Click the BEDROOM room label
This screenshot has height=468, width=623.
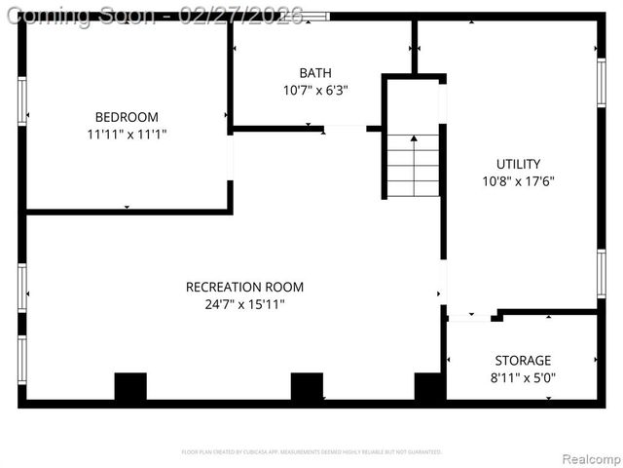(x=126, y=116)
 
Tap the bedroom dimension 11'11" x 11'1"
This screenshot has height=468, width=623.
(x=126, y=134)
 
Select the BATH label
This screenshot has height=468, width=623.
(x=314, y=72)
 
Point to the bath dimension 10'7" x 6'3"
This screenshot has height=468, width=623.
(x=314, y=90)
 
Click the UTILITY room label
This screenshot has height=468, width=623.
(x=518, y=164)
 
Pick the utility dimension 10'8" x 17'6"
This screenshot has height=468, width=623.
(x=518, y=180)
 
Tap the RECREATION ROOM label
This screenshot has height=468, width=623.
(x=244, y=287)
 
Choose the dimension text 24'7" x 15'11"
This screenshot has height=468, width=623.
(x=244, y=304)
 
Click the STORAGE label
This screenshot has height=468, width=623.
(x=522, y=360)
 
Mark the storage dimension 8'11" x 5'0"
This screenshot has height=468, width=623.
(x=522, y=377)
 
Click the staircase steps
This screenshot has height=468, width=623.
(x=414, y=166)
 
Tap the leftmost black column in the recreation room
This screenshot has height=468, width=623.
(x=130, y=387)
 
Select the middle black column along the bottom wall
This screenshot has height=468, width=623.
(x=307, y=387)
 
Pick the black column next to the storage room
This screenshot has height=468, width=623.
(x=429, y=387)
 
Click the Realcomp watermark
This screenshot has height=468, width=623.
(x=587, y=458)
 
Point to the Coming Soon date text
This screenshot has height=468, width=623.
(x=155, y=16)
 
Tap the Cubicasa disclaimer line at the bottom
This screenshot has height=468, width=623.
(x=311, y=451)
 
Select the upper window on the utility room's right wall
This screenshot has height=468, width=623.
(x=601, y=84)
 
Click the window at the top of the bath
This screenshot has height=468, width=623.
(x=313, y=17)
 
